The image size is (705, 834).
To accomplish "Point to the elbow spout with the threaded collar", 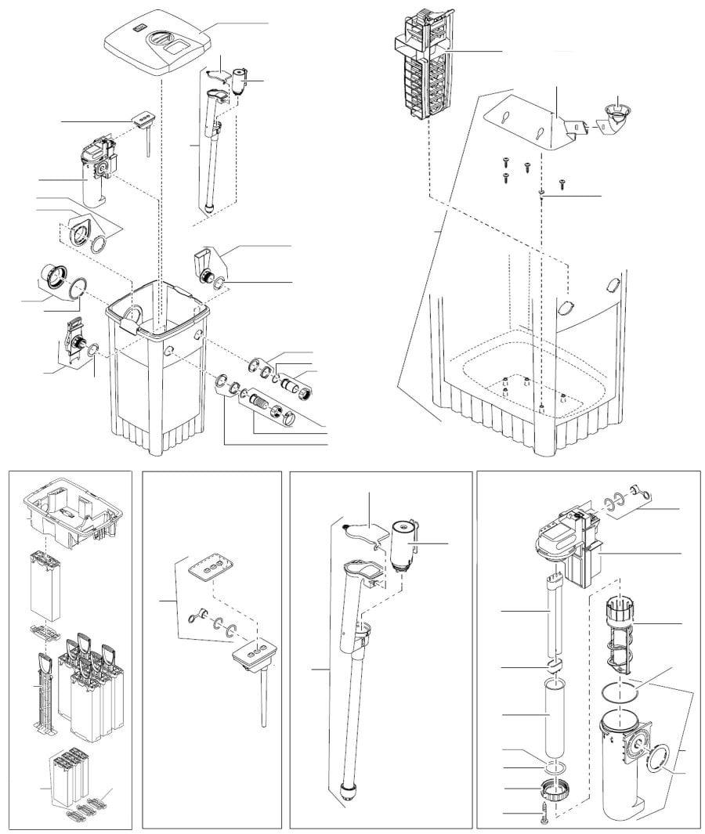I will pyautogui.click(x=207, y=266).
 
